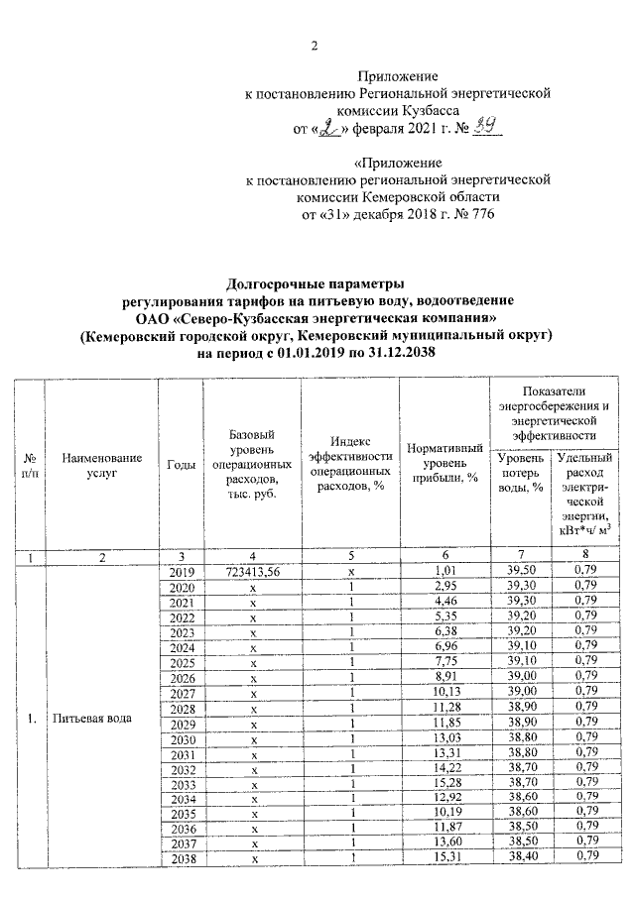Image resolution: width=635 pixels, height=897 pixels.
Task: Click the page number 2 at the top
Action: coord(315,46)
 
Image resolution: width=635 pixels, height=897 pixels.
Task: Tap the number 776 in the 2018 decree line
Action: coord(474,213)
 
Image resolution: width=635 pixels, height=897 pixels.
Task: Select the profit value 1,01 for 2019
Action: coord(444,572)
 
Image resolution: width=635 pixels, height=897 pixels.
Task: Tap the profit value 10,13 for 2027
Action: coord(444,692)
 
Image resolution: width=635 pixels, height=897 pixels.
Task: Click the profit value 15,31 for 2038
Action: coord(444,856)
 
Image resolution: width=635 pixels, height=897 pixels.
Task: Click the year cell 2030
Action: coord(181,737)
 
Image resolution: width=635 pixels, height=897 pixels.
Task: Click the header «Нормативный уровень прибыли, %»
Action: coord(444,463)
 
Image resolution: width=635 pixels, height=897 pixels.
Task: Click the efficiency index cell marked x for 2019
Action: coord(351,572)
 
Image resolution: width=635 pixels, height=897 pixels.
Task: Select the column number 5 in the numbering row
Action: coord(351,556)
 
